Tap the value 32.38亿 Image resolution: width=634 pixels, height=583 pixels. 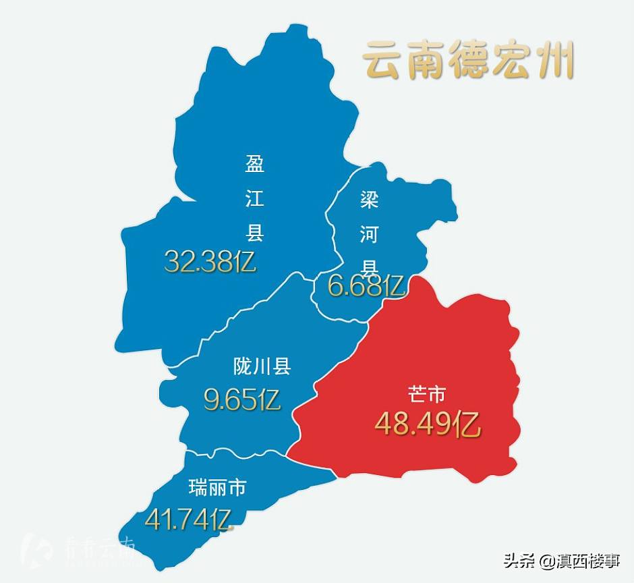[210, 261]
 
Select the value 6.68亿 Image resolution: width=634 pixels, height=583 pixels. [366, 286]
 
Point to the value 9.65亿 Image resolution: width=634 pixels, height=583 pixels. [241, 400]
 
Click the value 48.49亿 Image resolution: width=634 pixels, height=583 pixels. [427, 424]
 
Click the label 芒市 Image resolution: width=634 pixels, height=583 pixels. [427, 395]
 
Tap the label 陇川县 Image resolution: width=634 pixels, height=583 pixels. [262, 367]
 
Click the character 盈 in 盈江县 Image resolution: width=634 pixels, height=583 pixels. [254, 164]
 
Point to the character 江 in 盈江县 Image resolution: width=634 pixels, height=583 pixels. [254, 198]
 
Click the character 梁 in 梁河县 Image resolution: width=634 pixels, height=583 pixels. [368, 200]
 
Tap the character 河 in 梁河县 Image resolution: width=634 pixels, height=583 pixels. [368, 235]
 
